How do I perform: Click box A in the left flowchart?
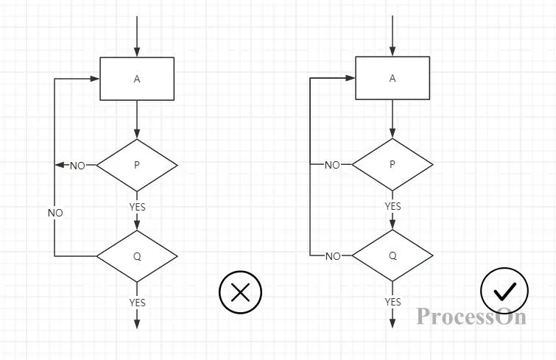click(137, 79)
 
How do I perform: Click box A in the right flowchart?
click(393, 78)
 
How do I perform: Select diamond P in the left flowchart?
click(137, 166)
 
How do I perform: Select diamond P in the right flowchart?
click(393, 165)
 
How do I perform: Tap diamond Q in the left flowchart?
click(137, 256)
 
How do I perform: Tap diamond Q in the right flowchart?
click(393, 255)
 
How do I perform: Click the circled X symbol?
click(240, 292)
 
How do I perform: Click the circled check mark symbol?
click(504, 292)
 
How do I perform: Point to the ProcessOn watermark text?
click(471, 317)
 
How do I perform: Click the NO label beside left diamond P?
click(77, 166)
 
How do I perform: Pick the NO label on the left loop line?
click(55, 213)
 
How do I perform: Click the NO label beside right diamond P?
click(333, 165)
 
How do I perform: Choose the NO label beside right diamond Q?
click(333, 256)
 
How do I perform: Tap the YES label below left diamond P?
click(137, 207)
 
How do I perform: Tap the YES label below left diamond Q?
click(137, 303)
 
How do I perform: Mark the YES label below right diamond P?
click(393, 206)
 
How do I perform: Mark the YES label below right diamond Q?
click(393, 302)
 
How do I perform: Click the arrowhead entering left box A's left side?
click(96, 79)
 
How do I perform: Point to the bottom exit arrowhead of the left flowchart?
click(137, 324)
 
